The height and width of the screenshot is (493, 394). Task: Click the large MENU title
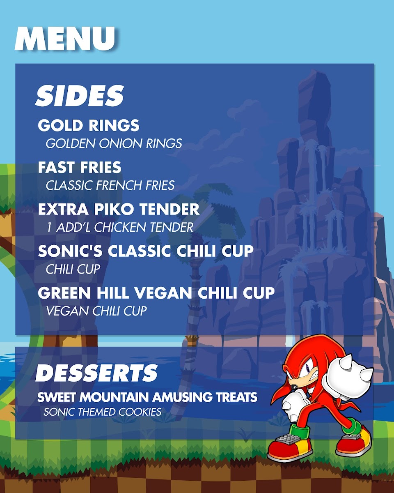coord(65,39)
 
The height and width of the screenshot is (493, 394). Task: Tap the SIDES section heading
coord(80,96)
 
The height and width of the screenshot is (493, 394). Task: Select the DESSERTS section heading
coord(96,373)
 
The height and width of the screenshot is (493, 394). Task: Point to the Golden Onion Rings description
coord(114,143)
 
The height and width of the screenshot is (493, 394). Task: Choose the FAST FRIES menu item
coord(80,167)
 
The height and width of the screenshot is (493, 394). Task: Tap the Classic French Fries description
coord(110,185)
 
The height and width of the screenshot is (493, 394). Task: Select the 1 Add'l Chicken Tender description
coord(120,227)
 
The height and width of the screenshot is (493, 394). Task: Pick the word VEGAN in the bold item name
coord(163,293)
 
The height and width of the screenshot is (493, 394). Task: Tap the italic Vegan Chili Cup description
coord(96,311)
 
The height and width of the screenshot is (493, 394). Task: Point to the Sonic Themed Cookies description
coord(103,412)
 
